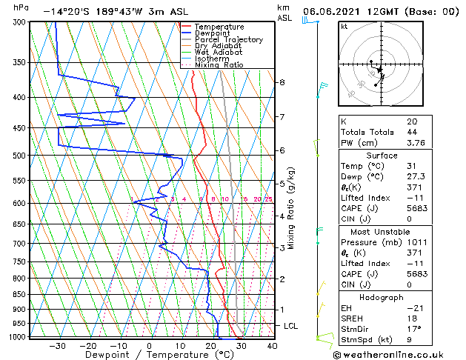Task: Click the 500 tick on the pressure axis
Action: [19, 156]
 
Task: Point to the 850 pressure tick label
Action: [19, 294]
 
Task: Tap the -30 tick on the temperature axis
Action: [57, 345]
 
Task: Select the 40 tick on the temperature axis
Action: [272, 345]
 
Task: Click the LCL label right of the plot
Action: [291, 326]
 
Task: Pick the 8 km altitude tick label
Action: [282, 82]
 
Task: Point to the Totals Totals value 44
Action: [412, 132]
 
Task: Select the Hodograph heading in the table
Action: [382, 296]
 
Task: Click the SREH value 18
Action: [412, 318]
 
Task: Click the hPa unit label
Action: [21, 7]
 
